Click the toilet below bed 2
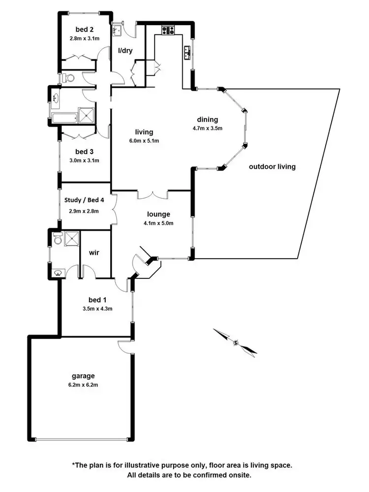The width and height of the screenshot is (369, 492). click(x=67, y=78)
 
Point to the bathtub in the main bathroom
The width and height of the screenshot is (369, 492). click(x=64, y=118)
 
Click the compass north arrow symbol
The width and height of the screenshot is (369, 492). click(x=236, y=342)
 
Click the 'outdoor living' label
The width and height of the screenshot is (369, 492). click(x=272, y=167)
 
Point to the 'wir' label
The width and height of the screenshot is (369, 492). click(x=94, y=252)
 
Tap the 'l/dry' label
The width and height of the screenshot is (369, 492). click(x=125, y=51)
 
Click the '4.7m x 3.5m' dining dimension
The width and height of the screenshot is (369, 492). click(x=207, y=129)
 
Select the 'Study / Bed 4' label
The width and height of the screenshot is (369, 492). click(x=84, y=201)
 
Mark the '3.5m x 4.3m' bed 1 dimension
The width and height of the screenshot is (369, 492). click(x=97, y=309)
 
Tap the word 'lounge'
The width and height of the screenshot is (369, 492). click(x=158, y=215)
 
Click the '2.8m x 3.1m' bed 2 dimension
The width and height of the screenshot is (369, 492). click(x=84, y=36)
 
